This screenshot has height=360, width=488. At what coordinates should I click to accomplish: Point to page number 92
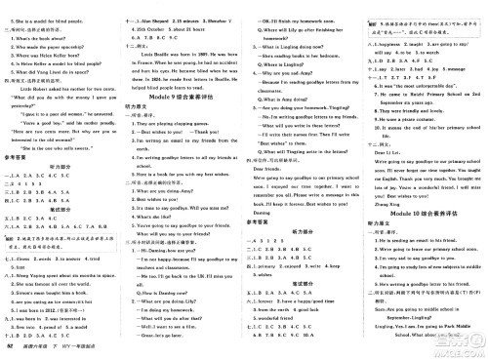10,347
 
